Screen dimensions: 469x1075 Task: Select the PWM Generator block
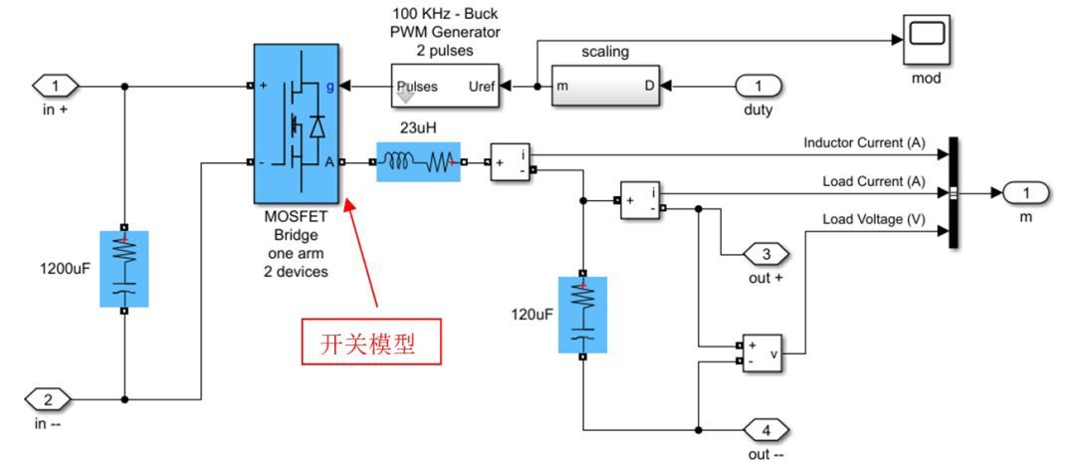click(x=447, y=87)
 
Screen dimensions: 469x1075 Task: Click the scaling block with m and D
click(x=606, y=87)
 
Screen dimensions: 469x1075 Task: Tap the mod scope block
click(x=926, y=37)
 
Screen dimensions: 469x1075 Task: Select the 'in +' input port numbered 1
click(x=54, y=87)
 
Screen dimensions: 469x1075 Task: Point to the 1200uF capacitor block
click(x=123, y=268)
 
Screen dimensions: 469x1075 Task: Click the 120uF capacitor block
click(x=582, y=314)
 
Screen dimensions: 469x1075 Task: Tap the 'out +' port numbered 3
click(x=765, y=255)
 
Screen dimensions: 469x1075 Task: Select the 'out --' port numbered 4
click(x=765, y=430)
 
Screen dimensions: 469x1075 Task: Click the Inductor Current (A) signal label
click(x=864, y=143)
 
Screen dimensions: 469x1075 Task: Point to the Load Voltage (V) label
click(x=871, y=219)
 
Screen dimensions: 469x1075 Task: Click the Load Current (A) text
click(x=873, y=181)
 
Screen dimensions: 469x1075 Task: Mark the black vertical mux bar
click(x=954, y=192)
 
